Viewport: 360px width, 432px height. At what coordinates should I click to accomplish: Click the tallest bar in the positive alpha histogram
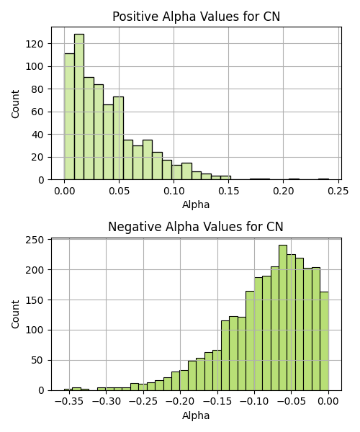[x=79, y=107]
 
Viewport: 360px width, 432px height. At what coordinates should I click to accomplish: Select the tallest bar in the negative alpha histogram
[x=283, y=318]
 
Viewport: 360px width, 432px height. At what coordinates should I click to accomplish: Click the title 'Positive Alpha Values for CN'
[x=196, y=17]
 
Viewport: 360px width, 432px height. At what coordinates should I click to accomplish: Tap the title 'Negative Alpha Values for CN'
[x=196, y=227]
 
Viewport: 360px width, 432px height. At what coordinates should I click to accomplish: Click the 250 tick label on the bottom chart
[x=35, y=240]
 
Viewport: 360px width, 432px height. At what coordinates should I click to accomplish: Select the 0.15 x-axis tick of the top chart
[x=229, y=192]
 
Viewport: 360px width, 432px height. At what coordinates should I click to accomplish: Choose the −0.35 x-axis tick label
[x=69, y=402]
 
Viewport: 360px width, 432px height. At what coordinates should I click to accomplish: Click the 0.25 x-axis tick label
[x=338, y=192]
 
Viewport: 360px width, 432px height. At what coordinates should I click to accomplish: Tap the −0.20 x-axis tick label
[x=181, y=402]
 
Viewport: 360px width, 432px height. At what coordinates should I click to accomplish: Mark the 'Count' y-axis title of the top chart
[x=15, y=104]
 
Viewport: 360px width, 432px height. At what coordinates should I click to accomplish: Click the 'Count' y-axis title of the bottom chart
[x=15, y=315]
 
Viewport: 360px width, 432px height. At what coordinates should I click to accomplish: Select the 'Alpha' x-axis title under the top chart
[x=196, y=204]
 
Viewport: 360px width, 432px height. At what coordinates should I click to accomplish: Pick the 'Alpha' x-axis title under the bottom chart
[x=196, y=415]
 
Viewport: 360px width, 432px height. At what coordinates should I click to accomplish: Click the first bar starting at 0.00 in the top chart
[x=69, y=117]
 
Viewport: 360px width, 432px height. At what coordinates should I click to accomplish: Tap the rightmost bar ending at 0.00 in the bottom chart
[x=324, y=341]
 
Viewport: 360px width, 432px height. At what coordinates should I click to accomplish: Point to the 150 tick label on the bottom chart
[x=35, y=300]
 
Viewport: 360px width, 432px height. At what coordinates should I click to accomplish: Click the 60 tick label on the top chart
[x=37, y=112]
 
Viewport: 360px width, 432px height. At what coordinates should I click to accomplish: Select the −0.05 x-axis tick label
[x=292, y=402]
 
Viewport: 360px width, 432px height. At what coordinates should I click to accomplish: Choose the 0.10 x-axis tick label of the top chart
[x=174, y=192]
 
